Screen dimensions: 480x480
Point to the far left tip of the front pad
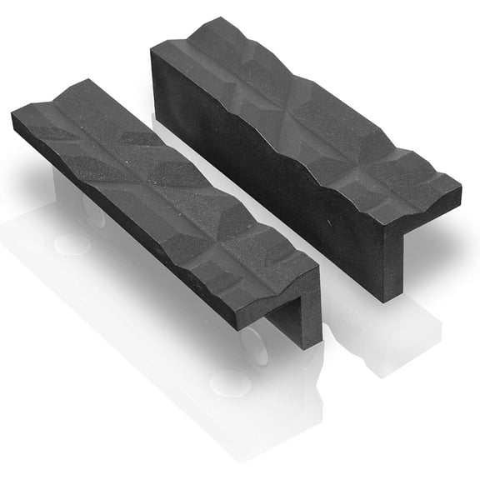[x=13, y=119]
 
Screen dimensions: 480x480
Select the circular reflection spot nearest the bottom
[x=230, y=383]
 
